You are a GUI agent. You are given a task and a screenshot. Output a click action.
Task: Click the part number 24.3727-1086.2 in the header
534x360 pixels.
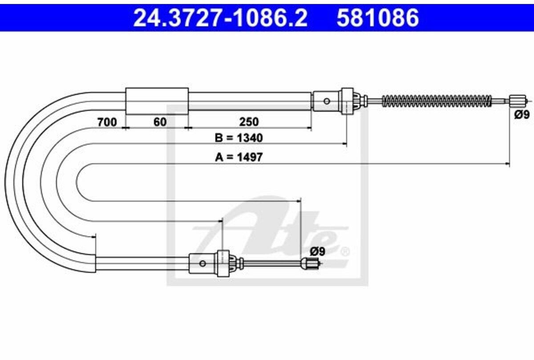pos(220,18)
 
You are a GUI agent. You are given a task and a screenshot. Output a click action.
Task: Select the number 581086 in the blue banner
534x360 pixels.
pos(378,18)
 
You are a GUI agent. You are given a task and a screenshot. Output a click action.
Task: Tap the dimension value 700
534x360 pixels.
pos(107,122)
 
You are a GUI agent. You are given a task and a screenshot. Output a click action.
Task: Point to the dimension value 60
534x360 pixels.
pos(160,122)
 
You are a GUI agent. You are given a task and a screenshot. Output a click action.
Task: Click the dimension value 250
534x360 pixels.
pos(249,122)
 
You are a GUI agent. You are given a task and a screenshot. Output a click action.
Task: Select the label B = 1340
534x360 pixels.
pos(239,138)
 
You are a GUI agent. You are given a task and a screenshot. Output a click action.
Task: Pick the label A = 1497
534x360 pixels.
pos(239,157)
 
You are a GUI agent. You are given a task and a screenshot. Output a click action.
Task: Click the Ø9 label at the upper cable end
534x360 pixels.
pos(522,115)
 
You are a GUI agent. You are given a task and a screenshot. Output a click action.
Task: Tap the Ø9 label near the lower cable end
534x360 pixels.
pos(318,251)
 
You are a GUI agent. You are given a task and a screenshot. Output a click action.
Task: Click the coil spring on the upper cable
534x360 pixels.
pos(437,101)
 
